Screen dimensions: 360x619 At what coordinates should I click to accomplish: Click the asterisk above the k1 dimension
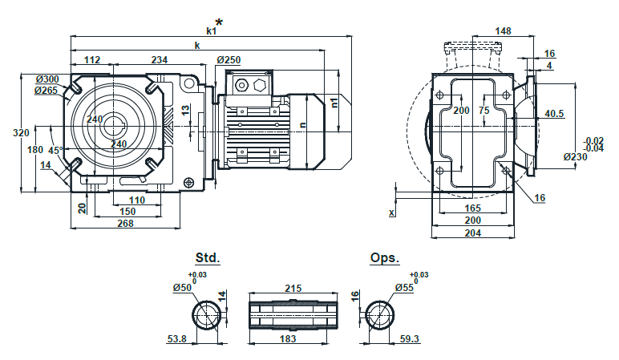click(219, 22)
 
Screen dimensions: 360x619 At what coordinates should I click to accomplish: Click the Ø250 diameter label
click(229, 59)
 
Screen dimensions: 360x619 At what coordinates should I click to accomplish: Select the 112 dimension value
click(91, 59)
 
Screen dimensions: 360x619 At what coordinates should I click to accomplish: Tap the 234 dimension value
click(160, 59)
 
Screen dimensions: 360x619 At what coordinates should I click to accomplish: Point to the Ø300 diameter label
click(47, 79)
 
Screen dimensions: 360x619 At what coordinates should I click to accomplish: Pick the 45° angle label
click(55, 150)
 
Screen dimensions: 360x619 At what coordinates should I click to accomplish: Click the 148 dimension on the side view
click(503, 31)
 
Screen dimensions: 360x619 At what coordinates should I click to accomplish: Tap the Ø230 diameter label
click(576, 156)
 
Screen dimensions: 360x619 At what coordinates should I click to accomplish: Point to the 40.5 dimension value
click(554, 114)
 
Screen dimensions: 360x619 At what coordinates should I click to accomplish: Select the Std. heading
click(207, 258)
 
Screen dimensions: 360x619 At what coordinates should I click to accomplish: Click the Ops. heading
click(384, 258)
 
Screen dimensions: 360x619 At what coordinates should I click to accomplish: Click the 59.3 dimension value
click(410, 340)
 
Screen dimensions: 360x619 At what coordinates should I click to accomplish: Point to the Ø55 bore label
click(405, 287)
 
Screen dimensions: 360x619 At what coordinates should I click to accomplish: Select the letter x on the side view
click(392, 212)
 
